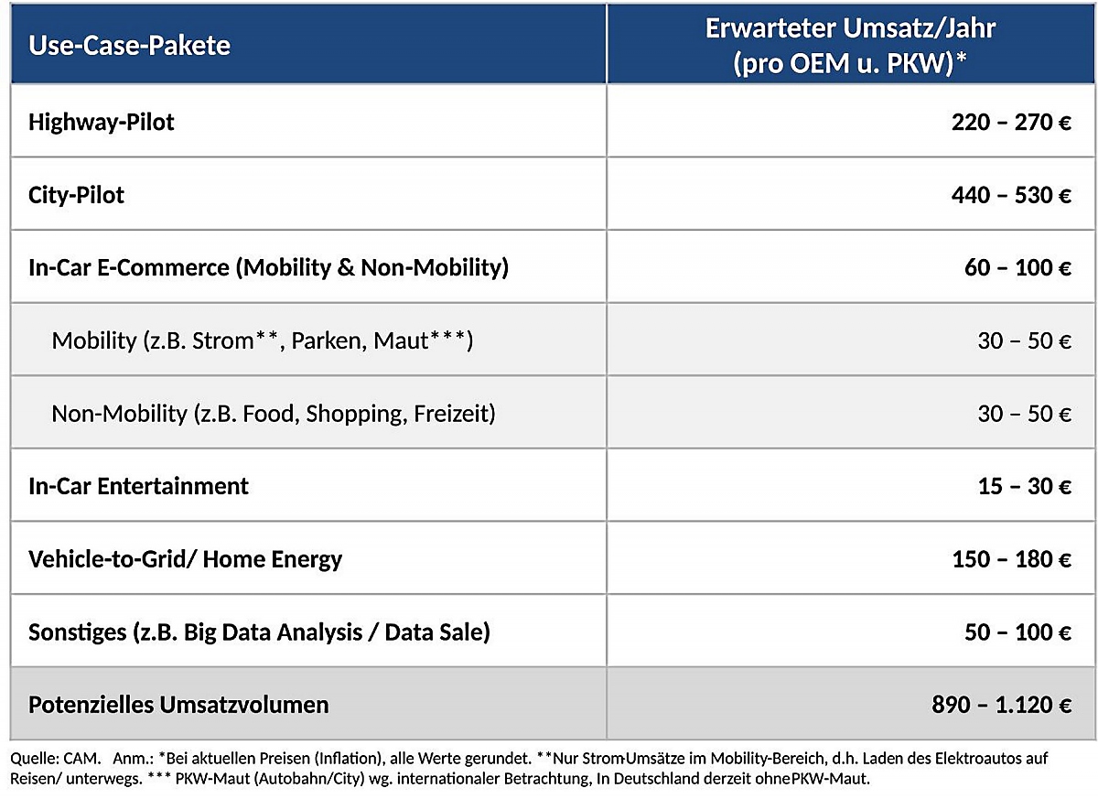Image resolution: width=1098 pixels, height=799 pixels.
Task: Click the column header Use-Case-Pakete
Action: [x=129, y=46]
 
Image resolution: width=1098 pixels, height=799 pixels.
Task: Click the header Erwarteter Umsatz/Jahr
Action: [x=850, y=28]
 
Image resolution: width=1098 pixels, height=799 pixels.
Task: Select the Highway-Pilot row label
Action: [x=101, y=123]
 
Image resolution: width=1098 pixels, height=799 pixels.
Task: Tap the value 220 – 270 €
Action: [x=1011, y=123]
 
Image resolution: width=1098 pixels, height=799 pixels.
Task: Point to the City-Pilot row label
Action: [x=77, y=196]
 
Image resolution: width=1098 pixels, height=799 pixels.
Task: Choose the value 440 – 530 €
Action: [x=1011, y=196]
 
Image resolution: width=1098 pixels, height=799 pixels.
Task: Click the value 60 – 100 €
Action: [x=1017, y=268]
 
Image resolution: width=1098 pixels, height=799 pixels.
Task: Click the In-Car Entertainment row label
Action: [x=139, y=487]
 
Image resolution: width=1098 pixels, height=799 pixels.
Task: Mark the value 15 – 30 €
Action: [x=1025, y=487]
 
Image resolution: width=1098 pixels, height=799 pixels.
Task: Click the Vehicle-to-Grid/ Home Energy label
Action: [x=185, y=560]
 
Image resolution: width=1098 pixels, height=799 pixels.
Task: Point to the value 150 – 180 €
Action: [x=1011, y=559]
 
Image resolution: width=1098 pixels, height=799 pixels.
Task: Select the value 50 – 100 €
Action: [x=1017, y=632]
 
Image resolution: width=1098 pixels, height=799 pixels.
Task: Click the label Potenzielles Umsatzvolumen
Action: [x=178, y=705]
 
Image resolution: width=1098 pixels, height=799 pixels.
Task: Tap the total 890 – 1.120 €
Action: [x=1001, y=705]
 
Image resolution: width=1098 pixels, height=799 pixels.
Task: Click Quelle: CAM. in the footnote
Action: [x=56, y=759]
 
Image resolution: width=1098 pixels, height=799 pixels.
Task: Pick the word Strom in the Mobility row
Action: [x=222, y=341]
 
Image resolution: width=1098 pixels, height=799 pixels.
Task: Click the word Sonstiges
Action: [x=78, y=632]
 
